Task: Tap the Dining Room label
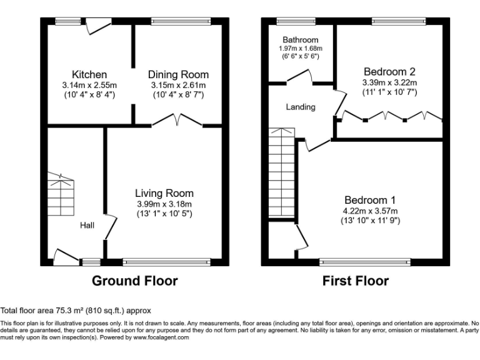tap(178, 75)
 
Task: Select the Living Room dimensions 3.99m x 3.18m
tap(164, 204)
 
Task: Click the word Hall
tap(87, 225)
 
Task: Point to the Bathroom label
tap(300, 40)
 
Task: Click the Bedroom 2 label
tap(389, 72)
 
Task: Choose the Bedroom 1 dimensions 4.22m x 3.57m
tap(370, 211)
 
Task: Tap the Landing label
tap(301, 107)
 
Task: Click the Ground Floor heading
tap(134, 281)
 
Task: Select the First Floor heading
tap(355, 281)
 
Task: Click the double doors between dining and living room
tap(177, 120)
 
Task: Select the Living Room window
tap(166, 262)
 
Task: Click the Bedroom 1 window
tap(365, 262)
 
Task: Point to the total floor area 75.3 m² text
tap(76, 310)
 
